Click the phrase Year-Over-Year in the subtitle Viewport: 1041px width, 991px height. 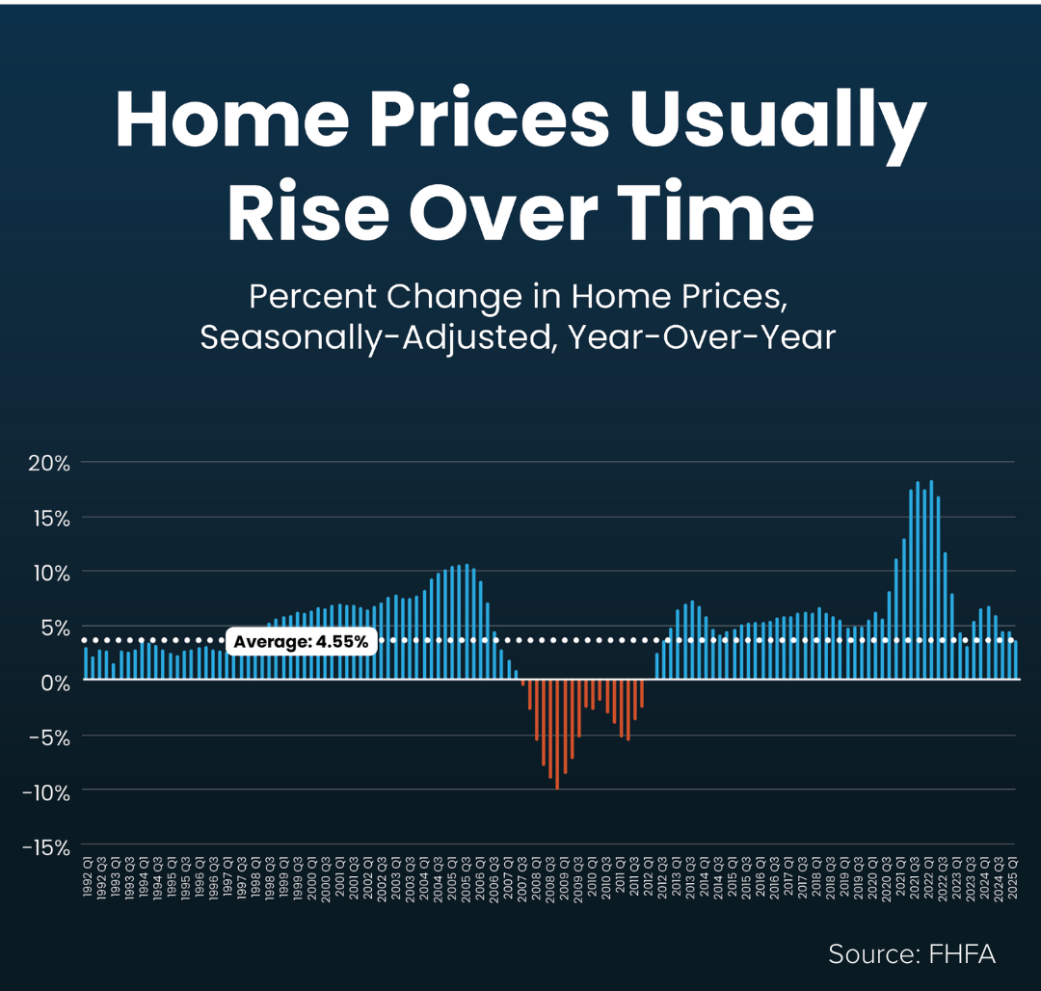[x=702, y=338]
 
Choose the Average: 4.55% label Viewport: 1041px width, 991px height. [x=301, y=641]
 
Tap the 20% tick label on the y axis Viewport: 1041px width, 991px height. [x=48, y=463]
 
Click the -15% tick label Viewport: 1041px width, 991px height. [x=45, y=846]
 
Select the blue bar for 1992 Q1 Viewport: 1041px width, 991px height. [x=86, y=664]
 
